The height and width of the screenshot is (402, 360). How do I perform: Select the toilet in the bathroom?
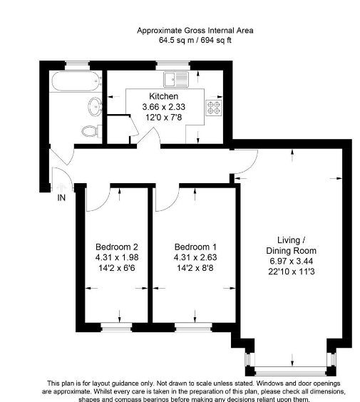tap(89, 131)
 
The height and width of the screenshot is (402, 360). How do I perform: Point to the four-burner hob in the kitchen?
tap(213, 108)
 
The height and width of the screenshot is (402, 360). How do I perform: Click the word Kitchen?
tap(163, 96)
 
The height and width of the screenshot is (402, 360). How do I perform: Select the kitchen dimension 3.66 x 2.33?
tap(163, 107)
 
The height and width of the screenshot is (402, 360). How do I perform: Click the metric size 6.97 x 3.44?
tap(291, 262)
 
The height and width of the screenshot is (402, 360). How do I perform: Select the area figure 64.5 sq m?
tap(159, 41)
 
